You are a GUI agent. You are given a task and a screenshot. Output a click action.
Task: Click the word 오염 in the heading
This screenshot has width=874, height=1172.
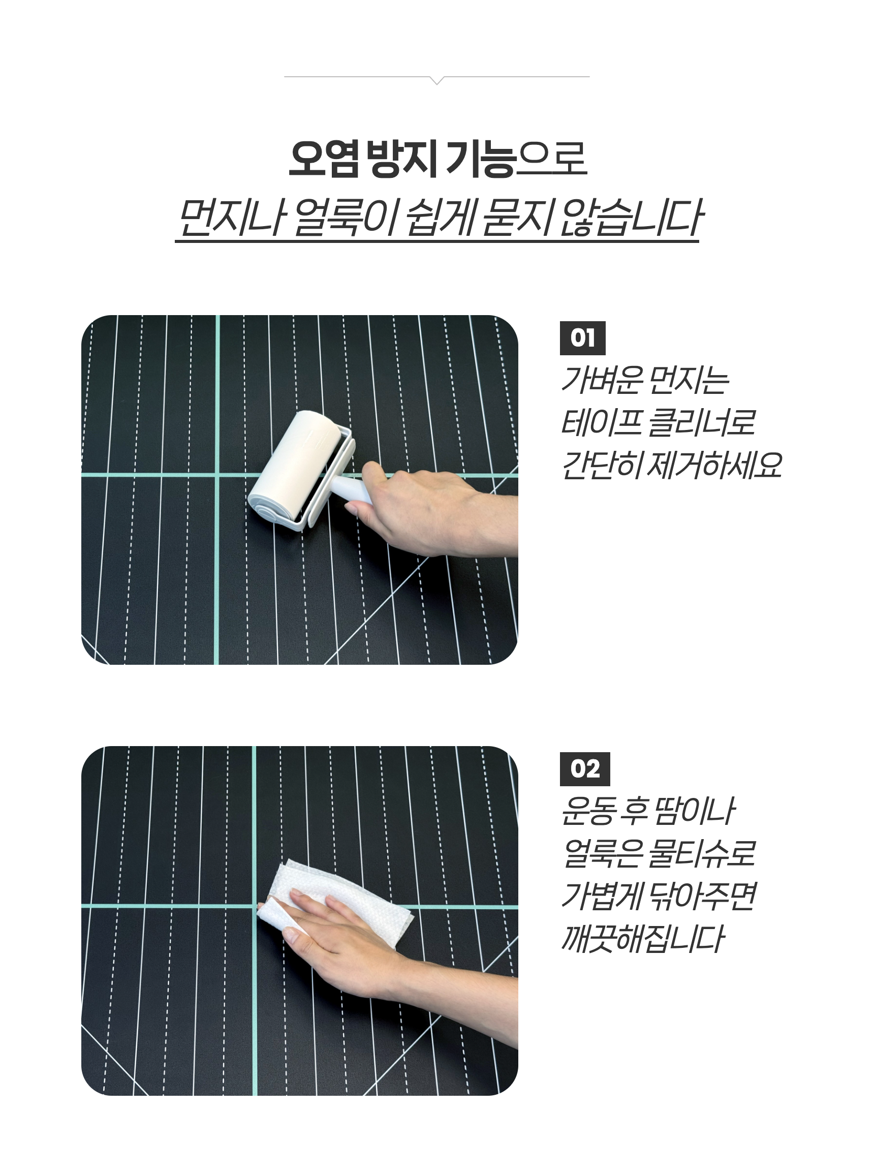click(x=324, y=158)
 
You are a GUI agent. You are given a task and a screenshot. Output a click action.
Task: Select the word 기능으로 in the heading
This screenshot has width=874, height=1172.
click(x=516, y=158)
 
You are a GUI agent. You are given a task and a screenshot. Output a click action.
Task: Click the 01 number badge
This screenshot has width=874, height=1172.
click(x=582, y=338)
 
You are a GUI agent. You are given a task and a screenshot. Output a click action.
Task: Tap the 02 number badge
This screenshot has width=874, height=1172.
click(x=584, y=769)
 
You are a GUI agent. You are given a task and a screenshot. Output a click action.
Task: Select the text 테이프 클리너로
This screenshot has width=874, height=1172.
click(x=658, y=422)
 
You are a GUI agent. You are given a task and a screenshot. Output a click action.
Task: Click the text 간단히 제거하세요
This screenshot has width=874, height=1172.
click(x=671, y=466)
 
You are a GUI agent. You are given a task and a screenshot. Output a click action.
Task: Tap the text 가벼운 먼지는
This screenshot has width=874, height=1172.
click(x=645, y=380)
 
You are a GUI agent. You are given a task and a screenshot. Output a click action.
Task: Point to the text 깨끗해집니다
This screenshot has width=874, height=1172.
click(x=641, y=939)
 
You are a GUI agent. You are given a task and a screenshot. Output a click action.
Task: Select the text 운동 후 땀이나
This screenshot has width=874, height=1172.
click(x=647, y=811)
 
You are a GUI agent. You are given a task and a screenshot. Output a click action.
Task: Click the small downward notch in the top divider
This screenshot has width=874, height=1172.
click(x=436, y=80)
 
